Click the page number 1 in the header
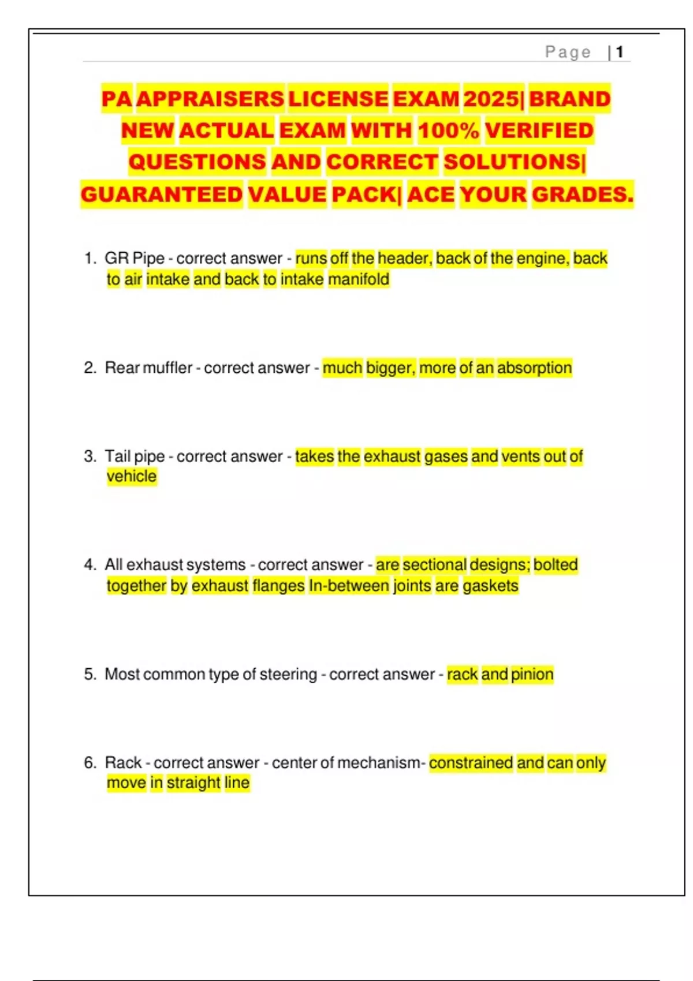[620, 53]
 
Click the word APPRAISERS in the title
[210, 99]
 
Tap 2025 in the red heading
[491, 99]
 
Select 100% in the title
[449, 130]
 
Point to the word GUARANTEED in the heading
[162, 194]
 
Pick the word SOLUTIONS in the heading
[513, 162]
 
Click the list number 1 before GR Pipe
[89, 258]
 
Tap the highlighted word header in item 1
[404, 258]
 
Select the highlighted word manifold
[359, 279]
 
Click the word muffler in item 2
[167, 368]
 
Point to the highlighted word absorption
[534, 368]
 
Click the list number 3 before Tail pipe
[90, 456]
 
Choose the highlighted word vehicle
[132, 476]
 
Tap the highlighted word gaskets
[490, 586]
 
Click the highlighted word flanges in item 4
[278, 586]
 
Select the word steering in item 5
[288, 674]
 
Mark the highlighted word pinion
[532, 674]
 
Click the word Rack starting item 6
[123, 762]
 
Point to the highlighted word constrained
[471, 762]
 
